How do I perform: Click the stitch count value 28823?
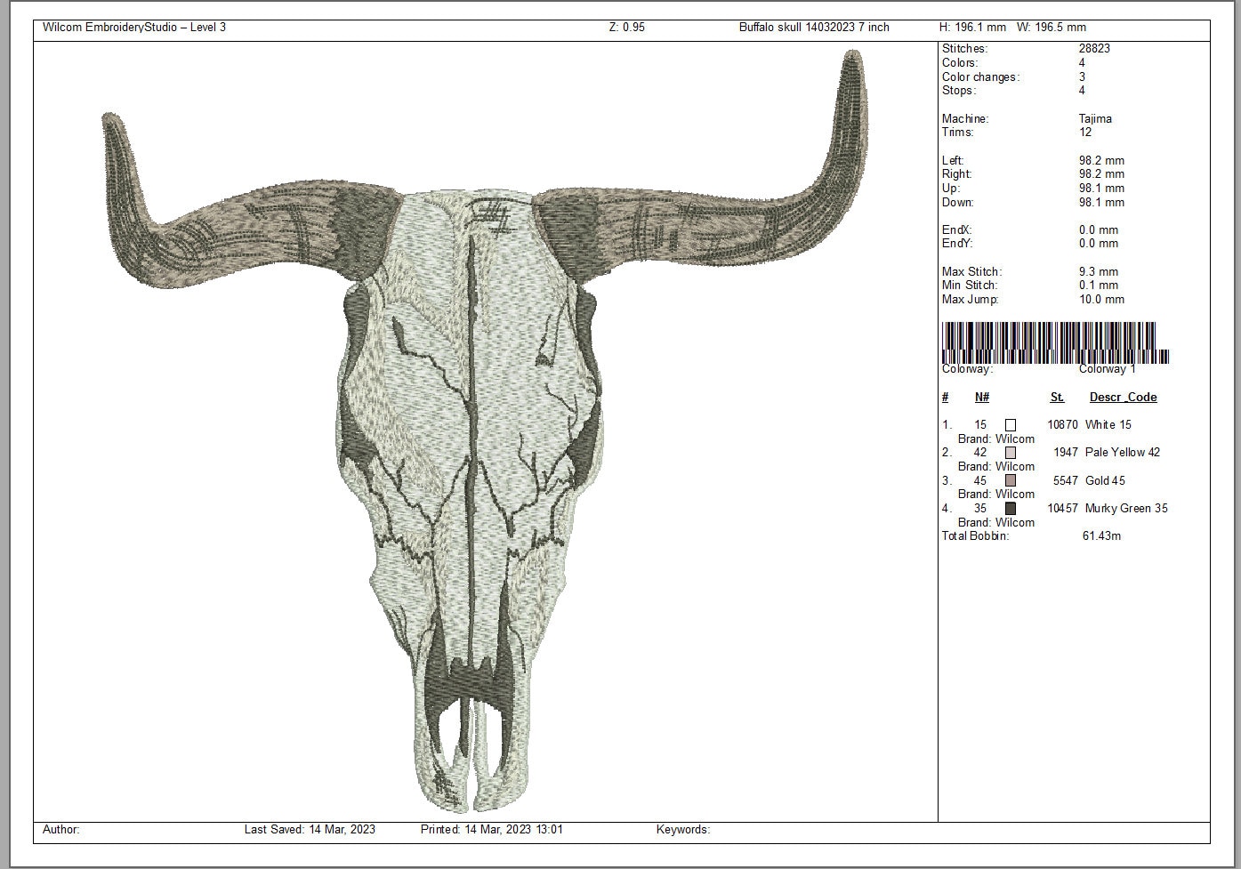[x=1094, y=48]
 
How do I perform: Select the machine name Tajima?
[x=1095, y=118]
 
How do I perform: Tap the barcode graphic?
[x=1055, y=342]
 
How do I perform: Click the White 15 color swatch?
[x=1011, y=425]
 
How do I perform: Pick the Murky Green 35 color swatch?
[x=1011, y=509]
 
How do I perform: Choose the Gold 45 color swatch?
[x=1011, y=480]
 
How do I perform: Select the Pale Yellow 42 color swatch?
[x=1011, y=453]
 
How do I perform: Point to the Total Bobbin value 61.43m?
[x=1101, y=535]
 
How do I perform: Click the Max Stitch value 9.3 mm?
[x=1098, y=271]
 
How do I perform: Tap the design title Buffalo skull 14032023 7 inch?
[x=814, y=28]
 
